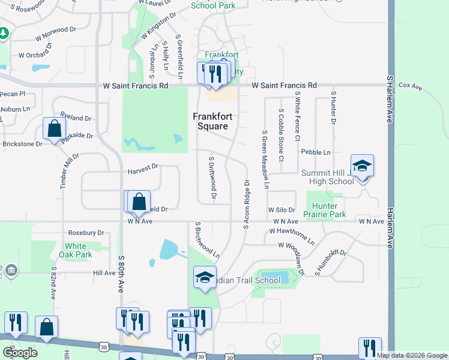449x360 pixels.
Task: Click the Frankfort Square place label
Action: point(210,122)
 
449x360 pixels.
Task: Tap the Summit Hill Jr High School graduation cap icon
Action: point(362,165)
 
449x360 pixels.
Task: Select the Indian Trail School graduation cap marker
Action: point(204,277)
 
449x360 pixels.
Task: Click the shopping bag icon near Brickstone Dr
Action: point(54,128)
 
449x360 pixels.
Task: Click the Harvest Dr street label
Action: point(142,172)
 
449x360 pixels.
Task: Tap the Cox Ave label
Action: point(411,87)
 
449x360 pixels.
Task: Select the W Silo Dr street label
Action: point(282,210)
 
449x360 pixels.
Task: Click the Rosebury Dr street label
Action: point(86,233)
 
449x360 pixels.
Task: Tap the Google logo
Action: point(20,352)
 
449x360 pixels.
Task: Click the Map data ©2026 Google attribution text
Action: point(412,355)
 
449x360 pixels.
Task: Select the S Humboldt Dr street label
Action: point(331,263)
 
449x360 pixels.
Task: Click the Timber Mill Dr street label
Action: point(70,171)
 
